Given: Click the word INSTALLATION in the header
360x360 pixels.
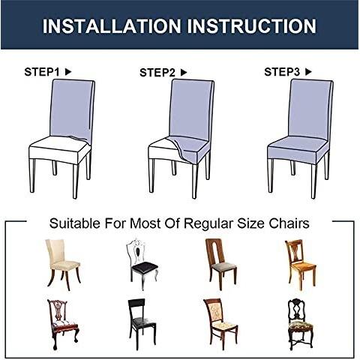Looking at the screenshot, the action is coord(112,26).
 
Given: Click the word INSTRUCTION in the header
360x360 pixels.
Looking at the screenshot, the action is coord(252,26).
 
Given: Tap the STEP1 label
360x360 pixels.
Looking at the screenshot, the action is coord(42,72).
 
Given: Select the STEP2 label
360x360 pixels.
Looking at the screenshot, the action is coord(157,73).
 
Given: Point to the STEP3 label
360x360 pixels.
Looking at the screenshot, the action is coord(282,72).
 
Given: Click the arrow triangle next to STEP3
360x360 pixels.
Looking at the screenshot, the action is coord(308,72).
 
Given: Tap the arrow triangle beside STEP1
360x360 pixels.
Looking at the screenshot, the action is coord(68,72).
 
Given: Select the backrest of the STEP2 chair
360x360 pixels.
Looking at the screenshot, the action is coord(191,110).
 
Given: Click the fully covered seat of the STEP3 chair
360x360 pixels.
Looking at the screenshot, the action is coord(298,149).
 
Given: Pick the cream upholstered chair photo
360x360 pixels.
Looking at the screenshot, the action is coord(63,265).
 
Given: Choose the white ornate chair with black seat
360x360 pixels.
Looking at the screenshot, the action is coord(142,264).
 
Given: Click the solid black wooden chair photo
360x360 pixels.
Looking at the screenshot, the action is coord(142,324).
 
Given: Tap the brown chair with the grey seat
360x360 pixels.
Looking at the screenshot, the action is coord(221,264).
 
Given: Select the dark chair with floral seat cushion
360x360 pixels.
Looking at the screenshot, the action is coord(300,324).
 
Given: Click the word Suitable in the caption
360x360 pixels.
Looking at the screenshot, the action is coord(75,223).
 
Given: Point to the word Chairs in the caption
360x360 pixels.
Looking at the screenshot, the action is coord(289,223).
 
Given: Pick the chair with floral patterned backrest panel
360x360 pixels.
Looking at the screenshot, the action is coord(220,324).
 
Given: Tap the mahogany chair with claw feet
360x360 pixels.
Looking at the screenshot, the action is coord(63,325).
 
